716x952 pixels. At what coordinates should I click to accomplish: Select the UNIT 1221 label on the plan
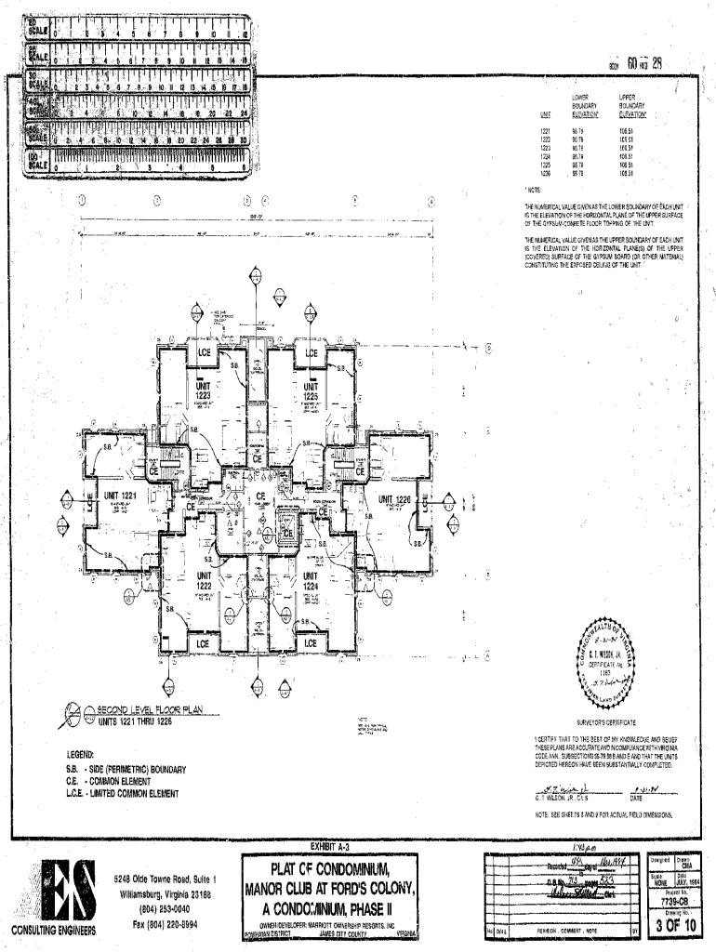point(121,496)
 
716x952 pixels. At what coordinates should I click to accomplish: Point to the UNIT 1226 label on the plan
point(395,499)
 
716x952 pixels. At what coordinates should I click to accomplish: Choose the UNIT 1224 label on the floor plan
point(311,581)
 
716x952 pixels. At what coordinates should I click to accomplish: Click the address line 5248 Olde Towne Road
point(166,879)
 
